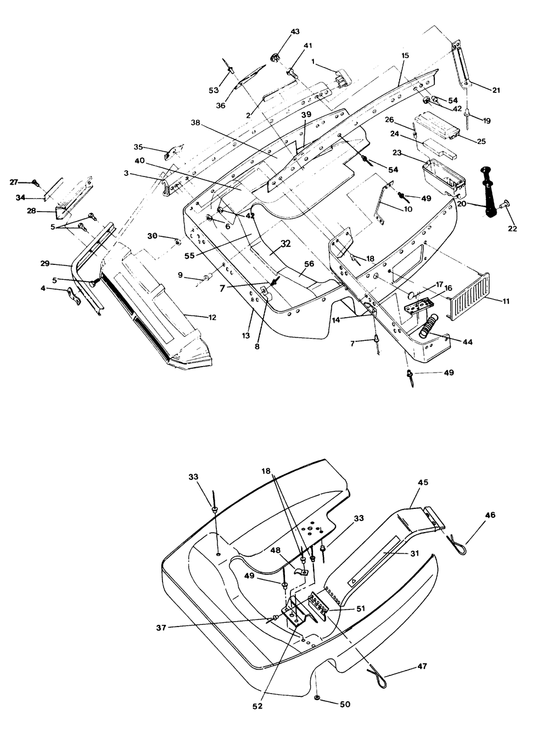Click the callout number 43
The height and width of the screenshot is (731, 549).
click(x=295, y=32)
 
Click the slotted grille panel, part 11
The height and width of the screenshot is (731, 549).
click(x=469, y=297)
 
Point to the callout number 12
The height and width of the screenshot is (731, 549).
click(x=212, y=317)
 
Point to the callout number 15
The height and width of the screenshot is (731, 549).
click(x=405, y=56)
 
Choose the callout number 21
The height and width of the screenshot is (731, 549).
click(x=496, y=90)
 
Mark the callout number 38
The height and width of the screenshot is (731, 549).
click(x=196, y=123)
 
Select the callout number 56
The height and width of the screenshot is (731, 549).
click(x=309, y=264)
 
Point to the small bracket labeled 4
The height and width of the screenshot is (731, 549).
click(x=74, y=296)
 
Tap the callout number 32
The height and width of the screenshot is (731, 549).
click(x=285, y=244)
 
